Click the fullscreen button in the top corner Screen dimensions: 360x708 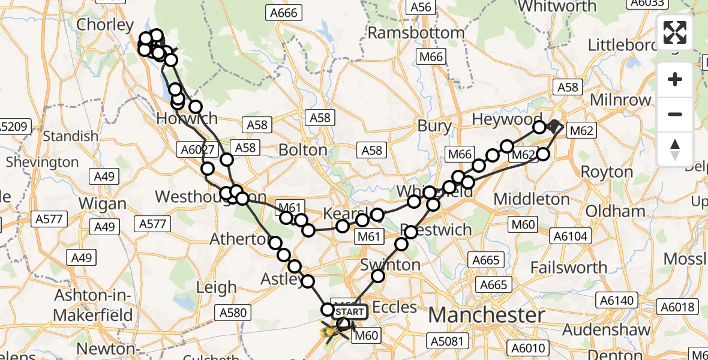pos(675,32)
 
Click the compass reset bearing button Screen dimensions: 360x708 pos(675,149)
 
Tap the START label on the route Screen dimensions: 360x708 pos(349,312)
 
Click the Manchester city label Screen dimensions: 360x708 pos(487,314)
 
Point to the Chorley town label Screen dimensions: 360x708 pos(105,25)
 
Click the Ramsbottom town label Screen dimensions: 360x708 pos(415,32)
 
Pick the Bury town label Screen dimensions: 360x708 pos(434,126)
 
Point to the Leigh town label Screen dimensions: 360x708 pos(217,287)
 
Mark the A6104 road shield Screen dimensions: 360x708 pos(569,236)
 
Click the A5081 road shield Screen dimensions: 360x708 pos(446,341)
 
